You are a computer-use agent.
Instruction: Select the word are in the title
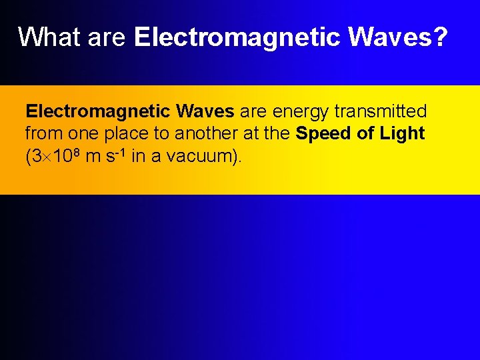(107, 37)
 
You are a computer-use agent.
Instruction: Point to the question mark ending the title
(439, 37)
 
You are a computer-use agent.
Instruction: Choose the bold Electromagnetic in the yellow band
(97, 111)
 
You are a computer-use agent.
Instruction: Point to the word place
(125, 133)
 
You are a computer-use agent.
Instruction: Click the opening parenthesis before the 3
(29, 157)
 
